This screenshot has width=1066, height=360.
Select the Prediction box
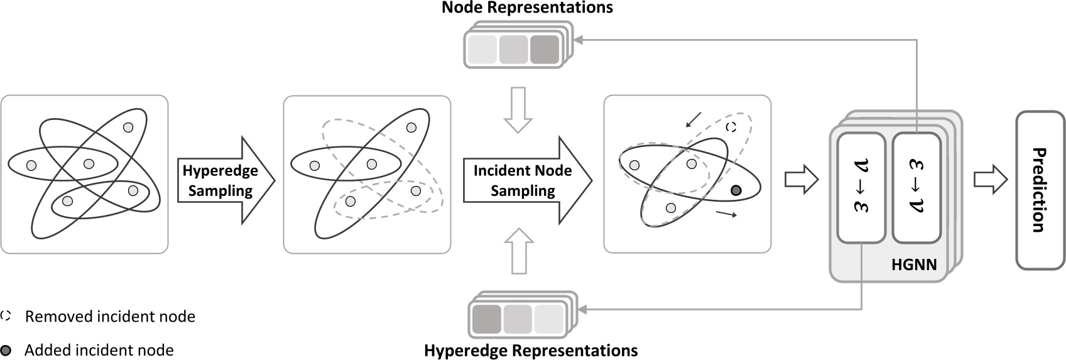tap(1040, 190)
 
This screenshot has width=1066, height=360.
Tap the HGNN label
tap(913, 265)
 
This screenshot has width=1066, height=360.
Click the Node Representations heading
tap(527, 8)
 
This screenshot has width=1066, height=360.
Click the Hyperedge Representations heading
tap(531, 350)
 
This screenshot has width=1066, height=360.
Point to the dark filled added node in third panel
tap(736, 190)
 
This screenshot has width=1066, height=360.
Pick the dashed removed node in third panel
tap(731, 127)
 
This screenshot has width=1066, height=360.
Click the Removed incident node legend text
tap(110, 317)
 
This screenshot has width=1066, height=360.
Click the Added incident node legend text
tap(99, 350)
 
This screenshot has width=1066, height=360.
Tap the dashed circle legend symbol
tap(6, 316)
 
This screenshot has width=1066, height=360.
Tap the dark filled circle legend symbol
tap(6, 350)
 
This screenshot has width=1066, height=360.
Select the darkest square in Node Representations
tap(544, 50)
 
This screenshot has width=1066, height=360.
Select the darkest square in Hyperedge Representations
tap(486, 319)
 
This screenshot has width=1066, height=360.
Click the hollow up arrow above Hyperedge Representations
tap(519, 251)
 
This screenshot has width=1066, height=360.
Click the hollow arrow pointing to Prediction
tap(990, 180)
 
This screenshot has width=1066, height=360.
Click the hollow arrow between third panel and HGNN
tap(802, 180)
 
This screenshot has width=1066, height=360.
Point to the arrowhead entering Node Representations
tap(579, 40)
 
